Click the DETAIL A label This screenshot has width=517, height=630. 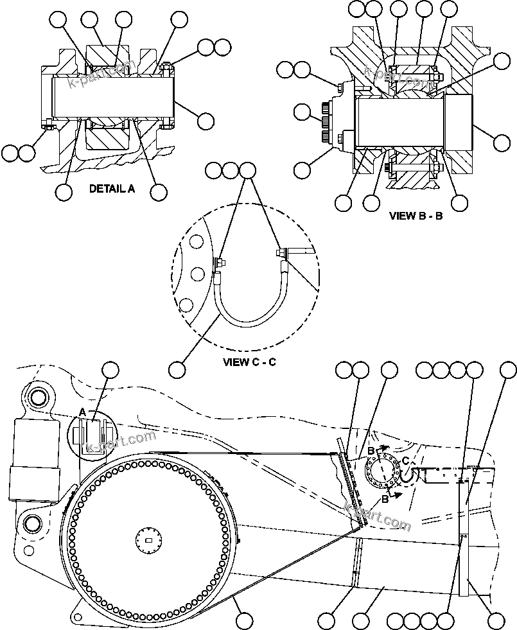[112, 189]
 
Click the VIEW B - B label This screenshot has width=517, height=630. [416, 216]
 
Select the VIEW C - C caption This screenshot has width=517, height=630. [249, 362]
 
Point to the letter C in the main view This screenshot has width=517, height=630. [405, 460]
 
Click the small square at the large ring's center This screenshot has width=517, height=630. [149, 540]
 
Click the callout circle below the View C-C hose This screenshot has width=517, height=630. [177, 369]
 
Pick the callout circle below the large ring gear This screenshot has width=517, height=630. [243, 620]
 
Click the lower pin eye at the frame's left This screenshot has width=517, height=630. [29, 523]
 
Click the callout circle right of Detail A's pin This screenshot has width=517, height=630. [206, 120]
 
